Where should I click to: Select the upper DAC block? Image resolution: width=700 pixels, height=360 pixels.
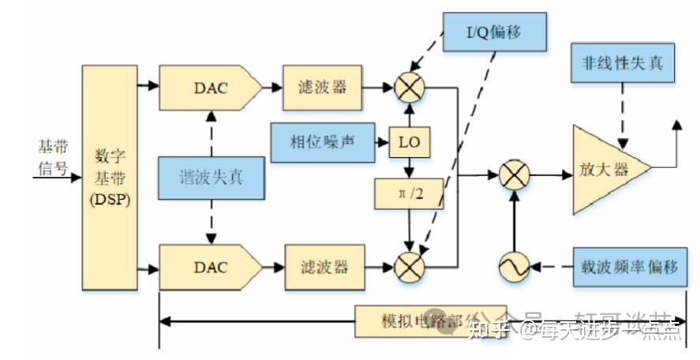point(209,88)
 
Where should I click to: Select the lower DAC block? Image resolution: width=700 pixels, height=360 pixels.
point(209,267)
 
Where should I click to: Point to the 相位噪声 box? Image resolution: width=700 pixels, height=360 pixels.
point(323,141)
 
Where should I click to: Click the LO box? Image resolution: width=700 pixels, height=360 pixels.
point(409,142)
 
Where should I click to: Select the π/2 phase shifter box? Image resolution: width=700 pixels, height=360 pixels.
point(409,193)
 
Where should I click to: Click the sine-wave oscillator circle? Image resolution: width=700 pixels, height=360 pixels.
point(515,268)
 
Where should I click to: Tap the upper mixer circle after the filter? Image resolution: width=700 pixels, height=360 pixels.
point(409,88)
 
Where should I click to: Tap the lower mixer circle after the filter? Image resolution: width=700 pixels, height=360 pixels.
point(409,267)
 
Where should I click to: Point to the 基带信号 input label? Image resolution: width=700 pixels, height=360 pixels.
point(53,157)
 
